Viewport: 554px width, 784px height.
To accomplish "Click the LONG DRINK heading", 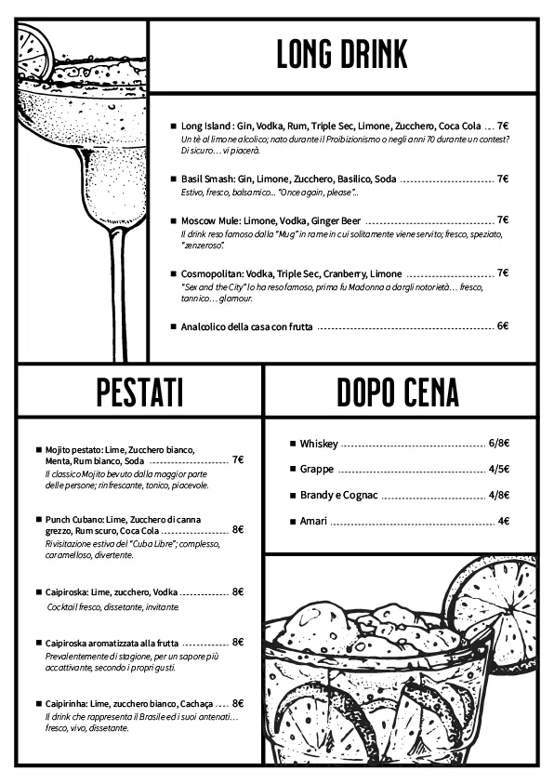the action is pos(342,56).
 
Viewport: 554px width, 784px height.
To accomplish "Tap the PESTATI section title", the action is pos(139,392).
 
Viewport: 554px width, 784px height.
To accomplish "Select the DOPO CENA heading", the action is pos(398,392).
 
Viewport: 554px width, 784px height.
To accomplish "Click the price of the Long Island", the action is pos(502,126).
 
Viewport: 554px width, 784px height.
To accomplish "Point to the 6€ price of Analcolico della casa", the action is pos(502,326).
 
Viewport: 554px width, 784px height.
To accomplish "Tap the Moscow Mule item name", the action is pos(210,221).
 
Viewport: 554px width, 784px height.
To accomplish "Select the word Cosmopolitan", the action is pos(214,274).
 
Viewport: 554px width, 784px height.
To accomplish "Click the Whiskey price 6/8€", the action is pos(498,444).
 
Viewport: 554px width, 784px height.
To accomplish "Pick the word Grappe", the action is pos(316,470).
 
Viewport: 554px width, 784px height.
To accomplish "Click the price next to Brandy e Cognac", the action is pos(498,496).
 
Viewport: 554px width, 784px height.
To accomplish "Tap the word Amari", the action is pos(313,522).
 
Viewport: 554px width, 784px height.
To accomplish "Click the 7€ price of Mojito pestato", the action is pos(238,460).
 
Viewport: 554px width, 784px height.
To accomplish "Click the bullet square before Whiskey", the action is pos(292,445).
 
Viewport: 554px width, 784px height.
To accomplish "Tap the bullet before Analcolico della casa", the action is pos(173,327).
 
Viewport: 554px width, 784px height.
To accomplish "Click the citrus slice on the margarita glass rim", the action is pos(33,54).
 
